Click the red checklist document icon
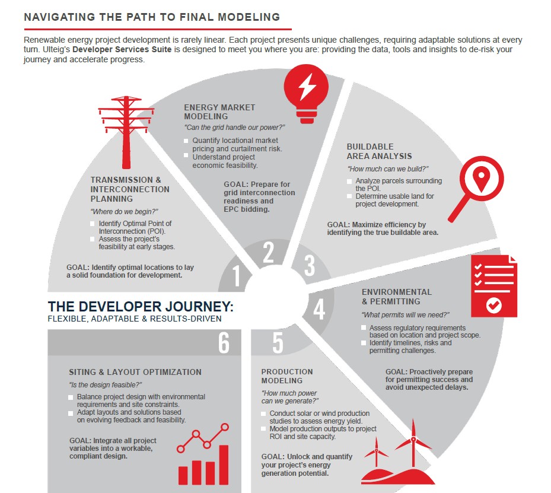tap(493, 287)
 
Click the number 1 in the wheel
tap(237, 276)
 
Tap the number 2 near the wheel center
tap(268, 253)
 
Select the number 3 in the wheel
tap(309, 265)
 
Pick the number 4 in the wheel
tap(319, 309)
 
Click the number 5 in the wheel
tap(278, 343)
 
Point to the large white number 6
tap(223, 342)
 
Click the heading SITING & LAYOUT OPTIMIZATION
tap(135, 372)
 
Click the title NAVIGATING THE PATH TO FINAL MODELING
tap(152, 17)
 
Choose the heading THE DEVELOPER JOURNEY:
tap(141, 307)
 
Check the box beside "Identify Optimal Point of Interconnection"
tap(93, 224)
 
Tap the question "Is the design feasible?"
tap(105, 384)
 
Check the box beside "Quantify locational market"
tap(186, 141)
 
